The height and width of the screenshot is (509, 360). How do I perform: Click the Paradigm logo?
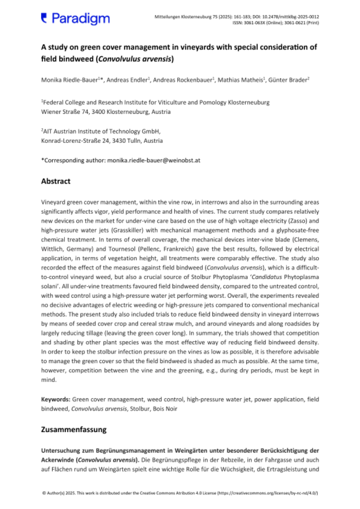tap(75, 18)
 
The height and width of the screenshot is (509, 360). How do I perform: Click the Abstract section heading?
tap(56, 181)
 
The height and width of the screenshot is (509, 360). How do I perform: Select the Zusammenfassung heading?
tap(73, 429)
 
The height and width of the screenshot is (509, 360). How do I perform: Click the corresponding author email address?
tap(153, 161)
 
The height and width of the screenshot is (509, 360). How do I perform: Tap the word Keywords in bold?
tap(56, 400)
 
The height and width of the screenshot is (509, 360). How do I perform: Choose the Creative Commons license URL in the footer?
tap(268, 493)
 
